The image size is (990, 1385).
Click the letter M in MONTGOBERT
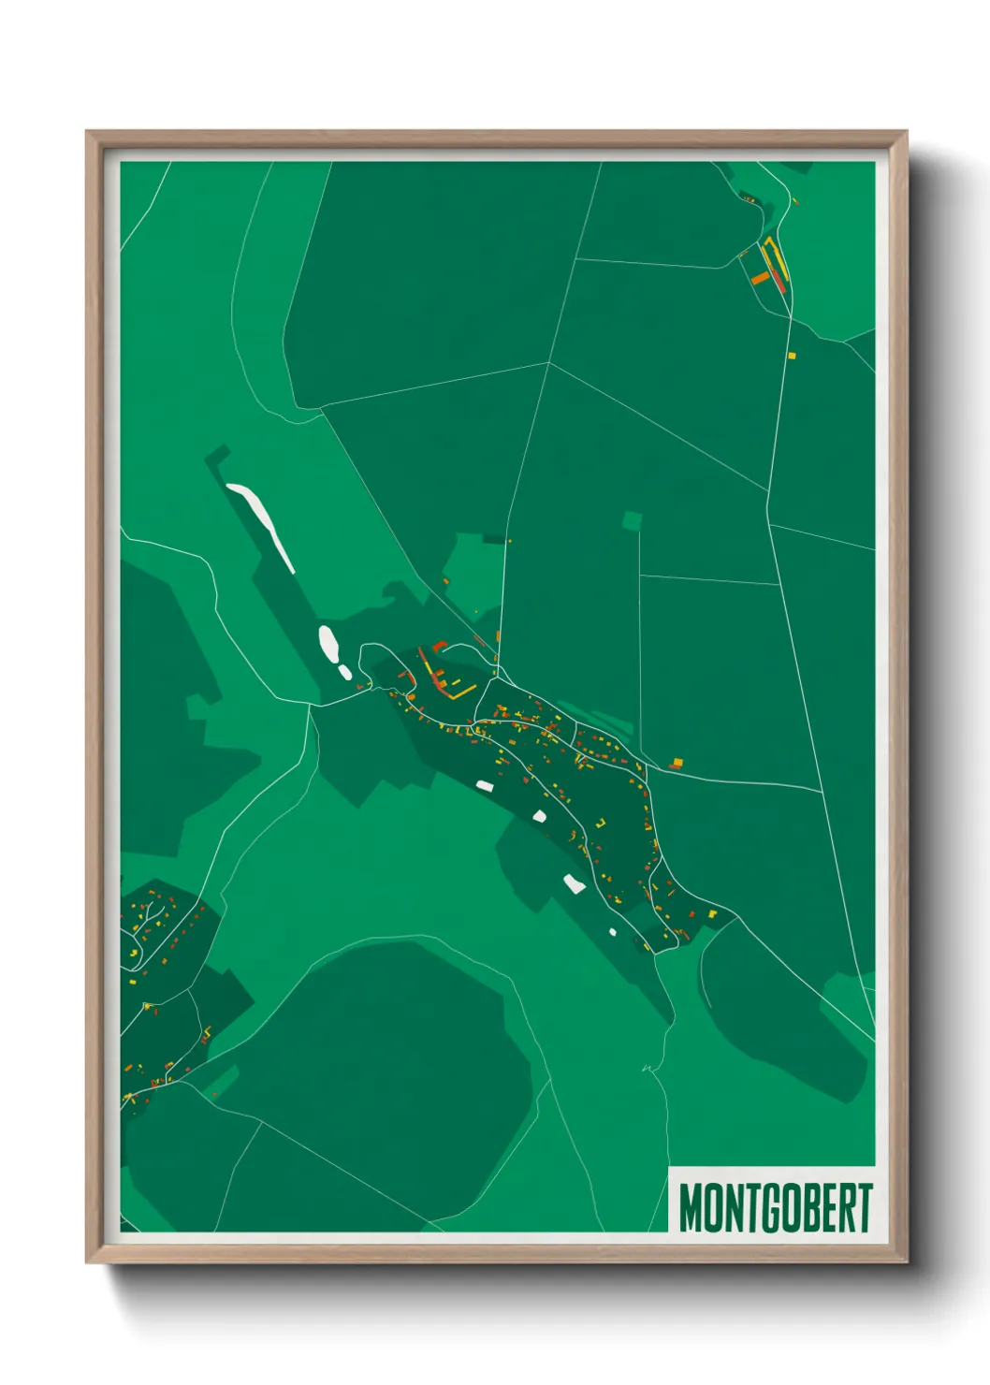pyautogui.click(x=692, y=1208)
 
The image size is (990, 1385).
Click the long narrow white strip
pyautogui.click(x=262, y=523)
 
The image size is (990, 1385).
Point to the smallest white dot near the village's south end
pyautogui.click(x=613, y=931)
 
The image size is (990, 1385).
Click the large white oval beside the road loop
pyautogui.click(x=328, y=642)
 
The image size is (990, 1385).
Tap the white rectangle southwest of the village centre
pyautogui.click(x=484, y=785)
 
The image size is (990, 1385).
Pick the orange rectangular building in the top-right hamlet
pyautogui.click(x=760, y=278)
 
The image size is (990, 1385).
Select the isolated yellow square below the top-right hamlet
pyautogui.click(x=792, y=356)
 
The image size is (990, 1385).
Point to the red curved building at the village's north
pyautogui.click(x=437, y=646)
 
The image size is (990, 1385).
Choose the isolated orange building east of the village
pyautogui.click(x=677, y=763)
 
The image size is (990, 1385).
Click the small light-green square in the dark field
pyautogui.click(x=633, y=520)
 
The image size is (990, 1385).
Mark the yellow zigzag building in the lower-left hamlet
pyautogui.click(x=206, y=1034)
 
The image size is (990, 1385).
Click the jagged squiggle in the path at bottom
pyautogui.click(x=647, y=1067)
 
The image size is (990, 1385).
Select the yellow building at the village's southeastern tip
pyautogui.click(x=712, y=913)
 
